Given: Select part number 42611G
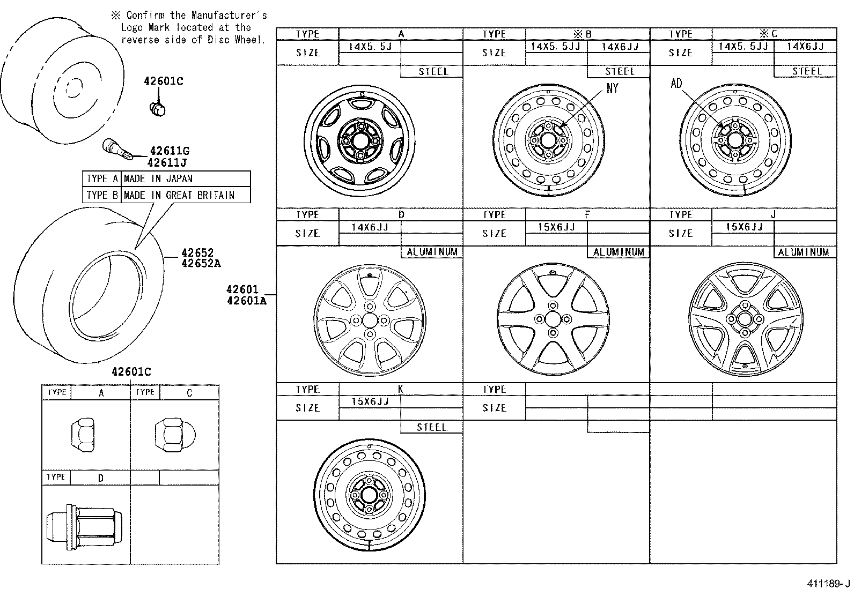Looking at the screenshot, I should click(169, 152).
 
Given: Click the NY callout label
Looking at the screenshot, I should click(612, 89).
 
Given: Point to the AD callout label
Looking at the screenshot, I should click(676, 84).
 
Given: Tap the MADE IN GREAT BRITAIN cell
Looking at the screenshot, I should click(179, 195).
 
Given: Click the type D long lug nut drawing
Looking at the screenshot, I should click(84, 527).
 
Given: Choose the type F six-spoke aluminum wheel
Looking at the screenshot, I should click(553, 319).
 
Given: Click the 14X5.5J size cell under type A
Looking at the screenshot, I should click(370, 46).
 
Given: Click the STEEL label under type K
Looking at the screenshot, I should click(431, 427).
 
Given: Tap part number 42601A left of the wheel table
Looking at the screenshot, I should click(246, 301).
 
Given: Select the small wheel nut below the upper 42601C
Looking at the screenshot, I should click(157, 108).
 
